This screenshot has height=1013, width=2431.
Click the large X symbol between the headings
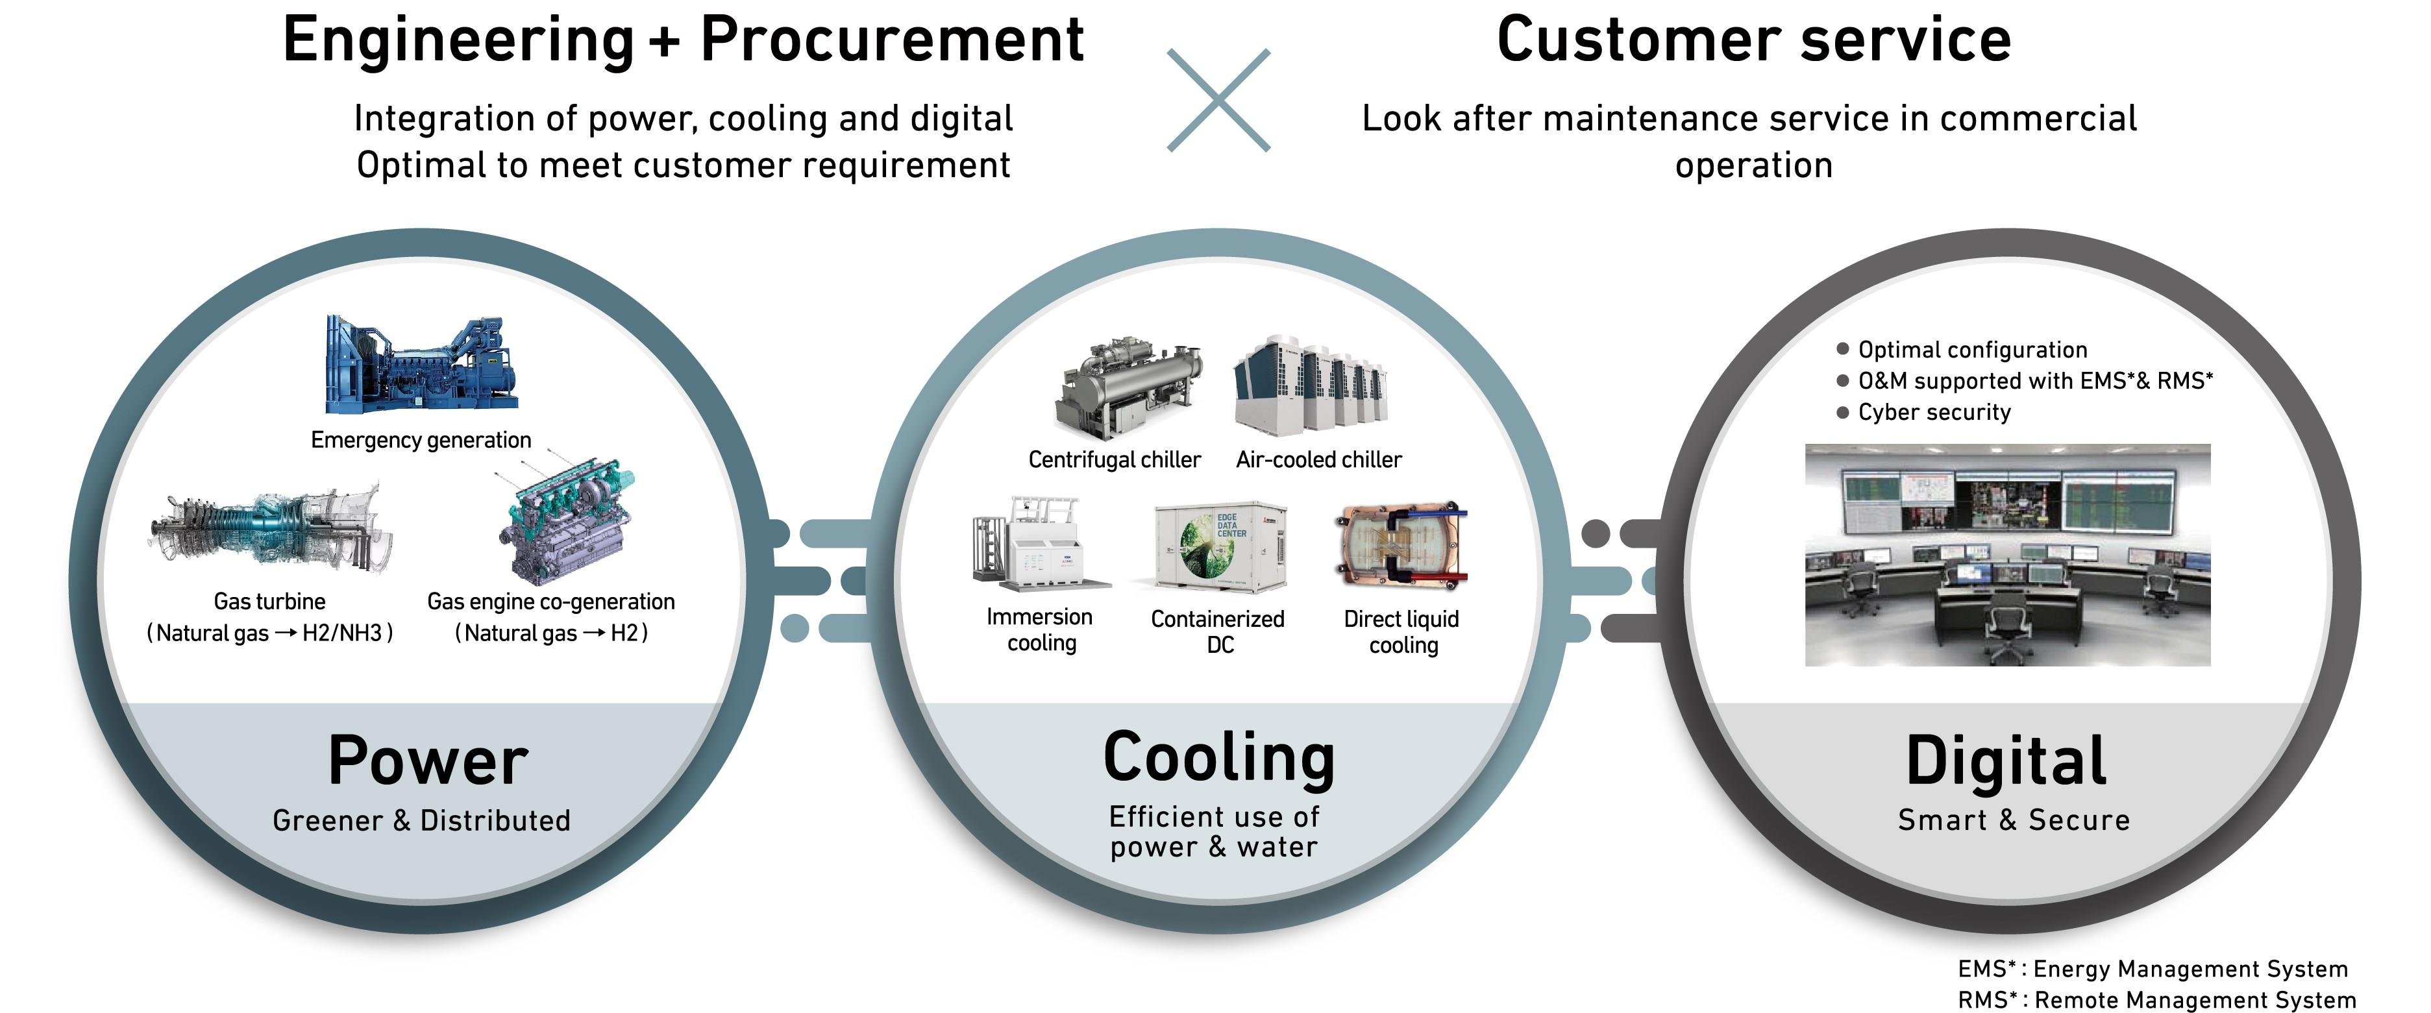point(1218,100)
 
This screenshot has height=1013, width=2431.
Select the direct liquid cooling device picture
point(1402,545)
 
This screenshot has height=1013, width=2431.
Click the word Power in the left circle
point(428,761)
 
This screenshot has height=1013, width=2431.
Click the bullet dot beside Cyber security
point(1842,412)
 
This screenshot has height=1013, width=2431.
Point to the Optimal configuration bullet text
point(1971,350)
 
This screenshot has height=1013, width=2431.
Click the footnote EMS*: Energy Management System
point(2152,969)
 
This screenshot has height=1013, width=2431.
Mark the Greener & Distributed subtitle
point(422,820)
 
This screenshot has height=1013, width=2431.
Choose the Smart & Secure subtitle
point(2013,820)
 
